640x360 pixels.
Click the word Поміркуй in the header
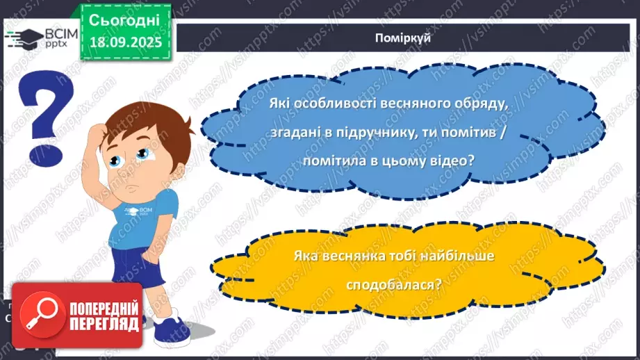click(408, 38)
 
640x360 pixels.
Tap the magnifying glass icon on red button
click(40, 314)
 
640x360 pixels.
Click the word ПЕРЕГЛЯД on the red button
click(102, 324)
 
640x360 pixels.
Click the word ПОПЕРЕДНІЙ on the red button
click(102, 308)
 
